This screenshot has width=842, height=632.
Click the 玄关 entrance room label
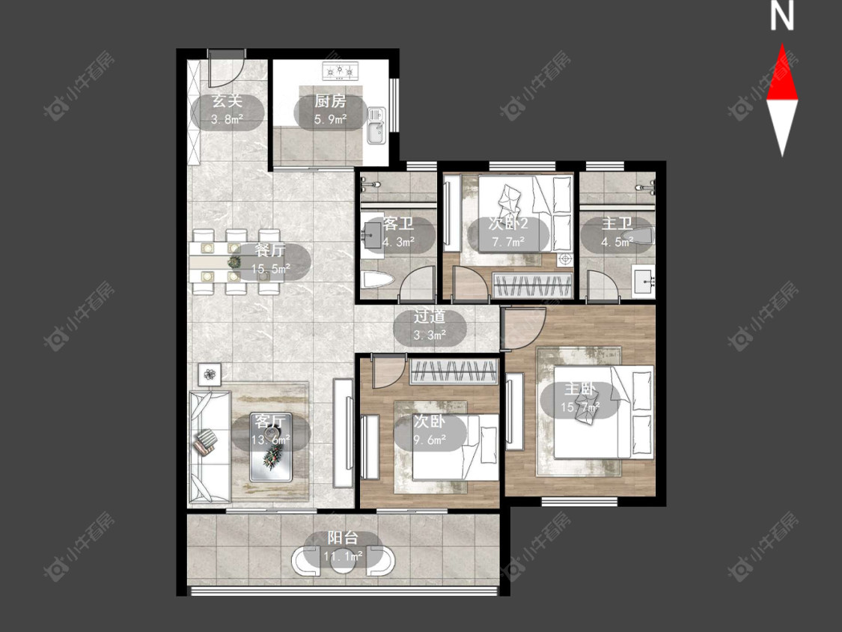point(227,100)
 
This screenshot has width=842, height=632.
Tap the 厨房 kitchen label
point(330,100)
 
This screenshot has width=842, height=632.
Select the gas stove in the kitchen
point(340,71)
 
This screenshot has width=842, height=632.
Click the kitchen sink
point(376,126)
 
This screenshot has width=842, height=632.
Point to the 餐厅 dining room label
point(270,250)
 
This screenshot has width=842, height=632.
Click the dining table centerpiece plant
point(234,262)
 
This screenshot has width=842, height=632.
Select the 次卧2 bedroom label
point(508,223)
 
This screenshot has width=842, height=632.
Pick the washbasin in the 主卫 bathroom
point(644,279)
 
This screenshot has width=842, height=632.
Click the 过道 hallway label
point(430,317)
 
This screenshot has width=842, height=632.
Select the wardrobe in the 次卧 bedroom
point(454,371)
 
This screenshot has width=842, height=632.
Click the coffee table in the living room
point(271,447)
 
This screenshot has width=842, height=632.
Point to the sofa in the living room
point(210,446)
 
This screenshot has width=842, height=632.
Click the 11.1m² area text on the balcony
point(343,556)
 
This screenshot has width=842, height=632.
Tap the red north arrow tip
point(782,44)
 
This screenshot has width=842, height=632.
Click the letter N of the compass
point(782,16)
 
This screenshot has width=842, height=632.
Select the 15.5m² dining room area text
point(271,268)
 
